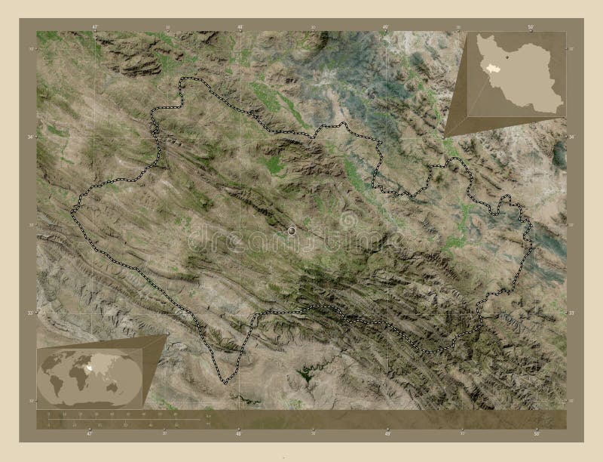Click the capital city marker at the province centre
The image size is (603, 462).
click(x=292, y=231)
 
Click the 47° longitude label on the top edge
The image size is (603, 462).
click(x=94, y=26)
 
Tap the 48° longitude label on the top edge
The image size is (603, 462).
click(x=240, y=26)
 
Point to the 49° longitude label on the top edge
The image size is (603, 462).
click(x=385, y=26)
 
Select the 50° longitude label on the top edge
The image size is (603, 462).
click(x=531, y=26)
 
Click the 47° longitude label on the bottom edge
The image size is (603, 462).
click(x=89, y=433)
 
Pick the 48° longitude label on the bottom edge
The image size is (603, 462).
click(x=239, y=433)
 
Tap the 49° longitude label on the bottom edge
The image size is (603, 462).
click(x=387, y=433)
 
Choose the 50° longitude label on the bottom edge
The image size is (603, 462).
click(x=535, y=433)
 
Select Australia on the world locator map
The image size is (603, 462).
click(x=112, y=387)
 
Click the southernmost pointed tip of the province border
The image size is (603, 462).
click(x=225, y=383)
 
